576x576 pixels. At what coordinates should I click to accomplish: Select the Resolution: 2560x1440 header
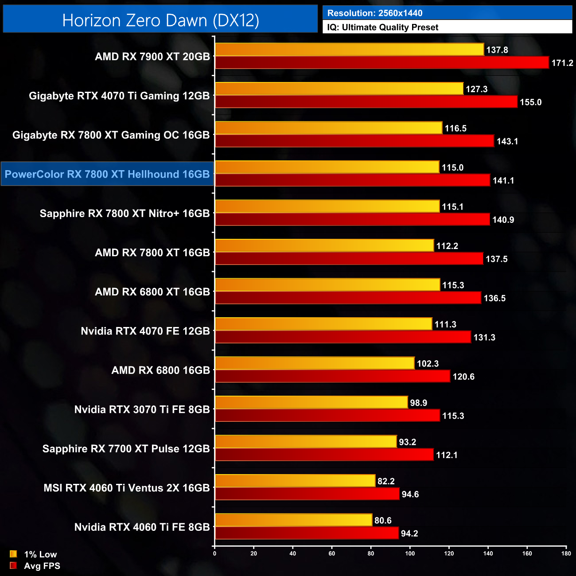click(375, 13)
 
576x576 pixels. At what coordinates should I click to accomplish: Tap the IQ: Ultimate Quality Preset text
click(383, 27)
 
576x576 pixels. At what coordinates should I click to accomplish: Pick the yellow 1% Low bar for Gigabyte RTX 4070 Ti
click(339, 89)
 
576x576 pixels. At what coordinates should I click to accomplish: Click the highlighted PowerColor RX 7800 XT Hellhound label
click(107, 174)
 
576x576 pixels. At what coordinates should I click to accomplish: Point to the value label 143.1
click(507, 141)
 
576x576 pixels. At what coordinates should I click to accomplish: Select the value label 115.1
click(452, 207)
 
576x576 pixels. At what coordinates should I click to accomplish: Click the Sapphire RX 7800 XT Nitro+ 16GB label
click(125, 214)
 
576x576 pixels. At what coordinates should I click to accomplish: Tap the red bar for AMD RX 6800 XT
click(348, 298)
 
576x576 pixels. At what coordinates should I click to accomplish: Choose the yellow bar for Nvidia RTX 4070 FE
click(323, 324)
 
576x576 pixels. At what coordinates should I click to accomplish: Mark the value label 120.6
click(463, 377)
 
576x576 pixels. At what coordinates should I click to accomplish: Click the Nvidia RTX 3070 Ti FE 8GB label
click(142, 409)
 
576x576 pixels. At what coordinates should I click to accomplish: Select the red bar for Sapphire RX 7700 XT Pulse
click(324, 455)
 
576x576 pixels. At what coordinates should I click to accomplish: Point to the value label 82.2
click(386, 481)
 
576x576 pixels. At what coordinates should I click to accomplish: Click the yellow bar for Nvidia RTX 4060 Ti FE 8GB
click(293, 521)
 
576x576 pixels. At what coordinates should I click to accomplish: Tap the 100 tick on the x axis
click(410, 553)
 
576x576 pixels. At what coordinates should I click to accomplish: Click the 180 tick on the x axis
click(566, 553)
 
